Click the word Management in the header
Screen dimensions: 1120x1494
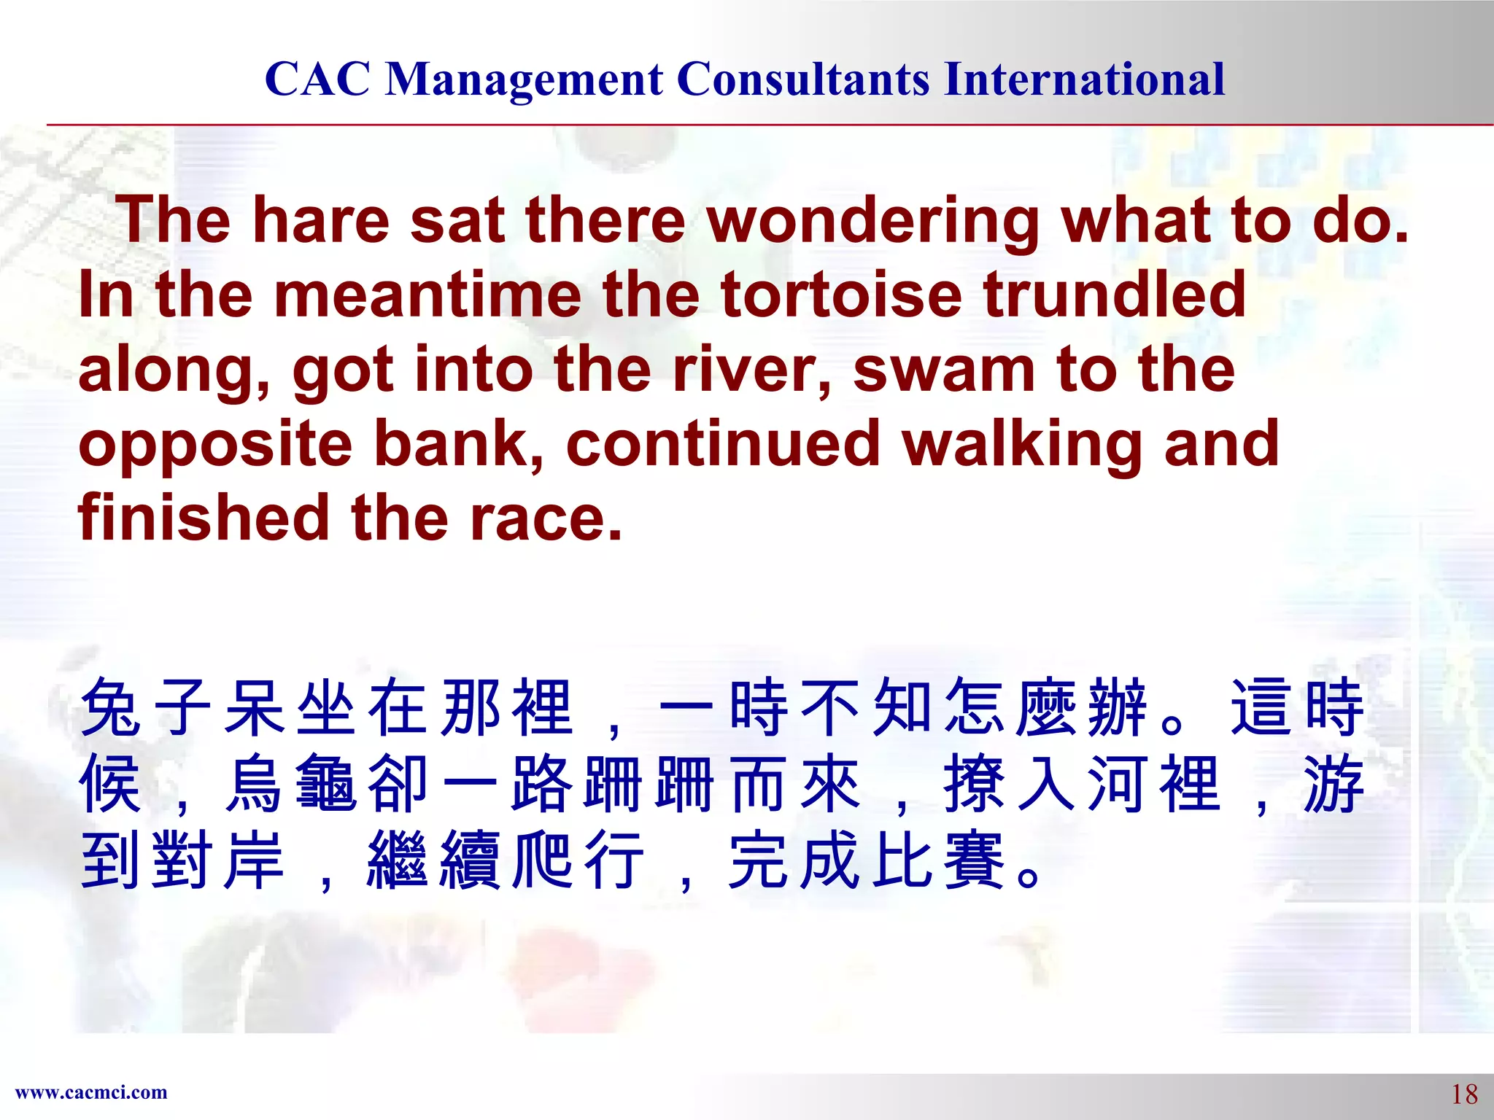524,79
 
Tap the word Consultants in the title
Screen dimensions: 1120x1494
803,79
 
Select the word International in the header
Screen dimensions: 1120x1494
1084,79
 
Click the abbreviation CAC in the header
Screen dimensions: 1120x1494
317,79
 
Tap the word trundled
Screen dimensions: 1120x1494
1114,295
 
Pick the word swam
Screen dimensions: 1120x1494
944,370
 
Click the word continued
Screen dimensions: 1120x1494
722,444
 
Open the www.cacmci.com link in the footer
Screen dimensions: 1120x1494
91,1092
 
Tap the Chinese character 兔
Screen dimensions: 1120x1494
110,707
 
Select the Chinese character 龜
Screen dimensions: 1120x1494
325,784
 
